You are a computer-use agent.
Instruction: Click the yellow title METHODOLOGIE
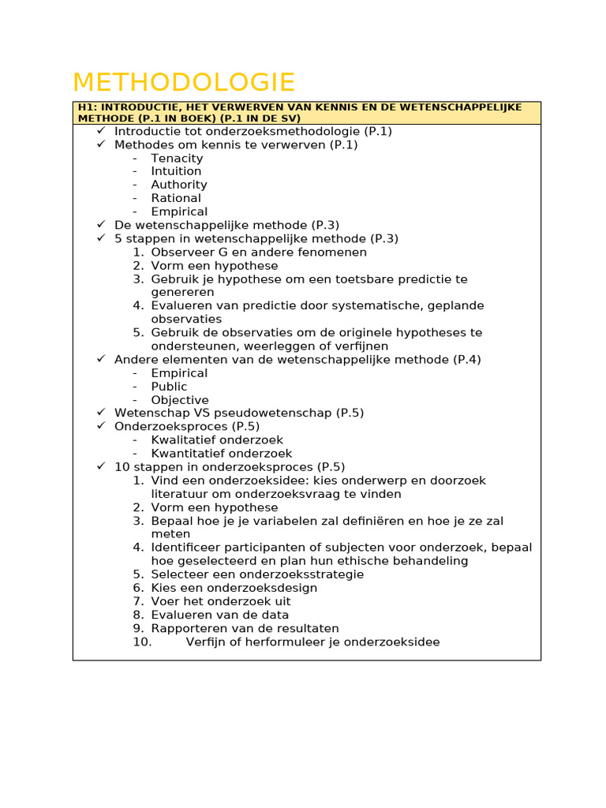point(183,83)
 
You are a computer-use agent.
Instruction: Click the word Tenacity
point(177,158)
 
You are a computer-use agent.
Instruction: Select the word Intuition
point(176,171)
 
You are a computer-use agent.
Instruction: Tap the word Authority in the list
point(179,185)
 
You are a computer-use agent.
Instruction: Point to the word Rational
point(176,198)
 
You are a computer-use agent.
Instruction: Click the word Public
point(169,387)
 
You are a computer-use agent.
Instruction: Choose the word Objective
point(180,400)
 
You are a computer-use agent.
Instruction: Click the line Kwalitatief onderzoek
point(217,440)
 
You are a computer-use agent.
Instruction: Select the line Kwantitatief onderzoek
point(222,454)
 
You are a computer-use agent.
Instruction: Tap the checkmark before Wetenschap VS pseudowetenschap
point(101,413)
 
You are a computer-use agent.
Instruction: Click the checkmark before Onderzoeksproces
point(101,426)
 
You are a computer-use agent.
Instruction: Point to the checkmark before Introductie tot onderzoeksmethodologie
point(101,131)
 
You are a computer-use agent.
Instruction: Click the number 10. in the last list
point(142,642)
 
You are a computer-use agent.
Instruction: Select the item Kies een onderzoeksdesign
point(234,588)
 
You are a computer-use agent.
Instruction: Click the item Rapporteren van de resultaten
point(245,629)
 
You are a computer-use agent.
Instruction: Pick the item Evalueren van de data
point(220,615)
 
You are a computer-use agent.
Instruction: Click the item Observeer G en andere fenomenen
point(259,252)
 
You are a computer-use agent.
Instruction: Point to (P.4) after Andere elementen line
point(466,360)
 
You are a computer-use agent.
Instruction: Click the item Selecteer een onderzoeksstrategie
point(257,574)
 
